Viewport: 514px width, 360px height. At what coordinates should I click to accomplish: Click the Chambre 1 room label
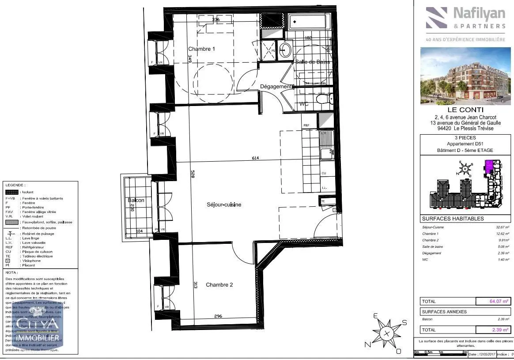[201, 49]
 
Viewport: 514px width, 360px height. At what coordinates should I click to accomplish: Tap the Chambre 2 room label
[219, 285]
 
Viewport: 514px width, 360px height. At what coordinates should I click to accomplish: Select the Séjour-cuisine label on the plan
[224, 205]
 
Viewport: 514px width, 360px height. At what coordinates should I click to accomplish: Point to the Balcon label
[136, 201]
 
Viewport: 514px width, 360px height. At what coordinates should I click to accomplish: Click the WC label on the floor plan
[304, 104]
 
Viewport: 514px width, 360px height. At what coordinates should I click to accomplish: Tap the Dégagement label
[276, 87]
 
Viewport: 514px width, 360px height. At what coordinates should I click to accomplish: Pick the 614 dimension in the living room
[256, 158]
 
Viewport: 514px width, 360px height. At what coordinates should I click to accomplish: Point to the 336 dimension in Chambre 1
[215, 20]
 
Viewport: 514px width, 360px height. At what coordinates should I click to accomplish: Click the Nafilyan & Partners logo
[465, 19]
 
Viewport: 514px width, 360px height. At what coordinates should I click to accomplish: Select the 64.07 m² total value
[493, 302]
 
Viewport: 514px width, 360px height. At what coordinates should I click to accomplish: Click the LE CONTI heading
[465, 110]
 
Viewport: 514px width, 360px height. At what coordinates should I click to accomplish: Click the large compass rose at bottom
[387, 333]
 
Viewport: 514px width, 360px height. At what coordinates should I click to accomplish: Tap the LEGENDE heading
[15, 186]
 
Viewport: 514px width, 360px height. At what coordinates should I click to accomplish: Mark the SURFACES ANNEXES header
[444, 312]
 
